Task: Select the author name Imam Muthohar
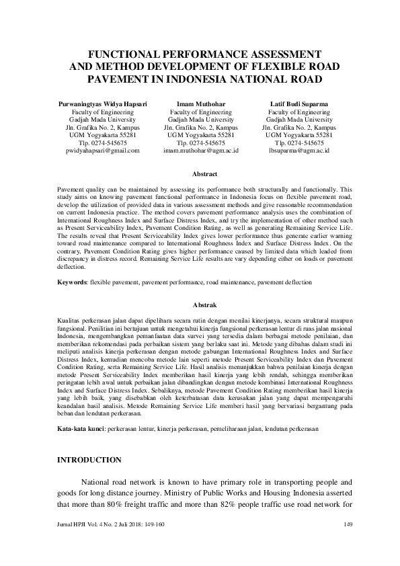(x=200, y=104)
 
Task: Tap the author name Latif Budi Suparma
(x=299, y=104)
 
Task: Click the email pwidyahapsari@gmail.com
(x=99, y=151)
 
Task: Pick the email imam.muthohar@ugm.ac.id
(x=200, y=151)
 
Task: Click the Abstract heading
(x=200, y=174)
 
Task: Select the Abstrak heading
(x=200, y=305)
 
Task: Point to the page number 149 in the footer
(x=348, y=524)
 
